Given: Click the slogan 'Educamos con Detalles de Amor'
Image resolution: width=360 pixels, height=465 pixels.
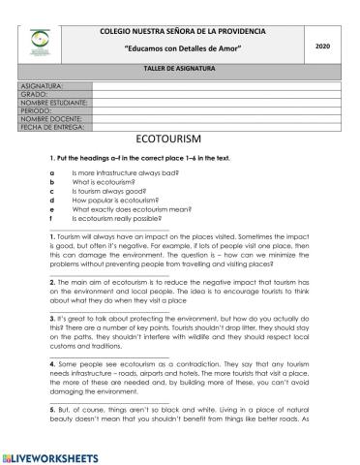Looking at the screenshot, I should point(183,48).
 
